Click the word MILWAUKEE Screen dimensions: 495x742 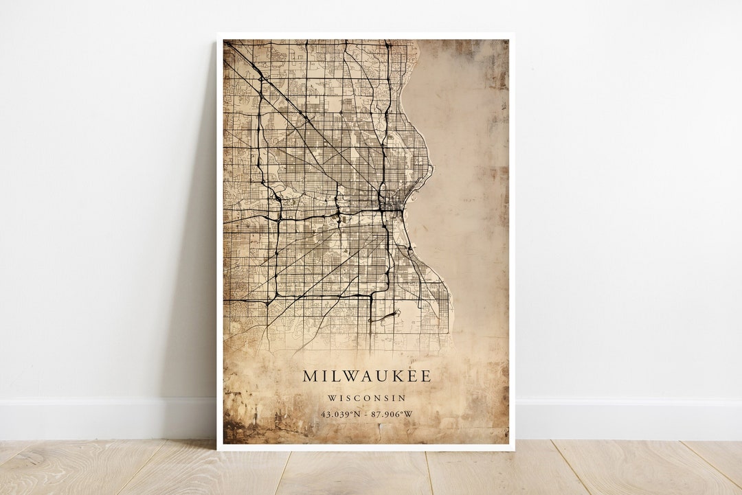366,376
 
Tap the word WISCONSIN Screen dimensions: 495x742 366,398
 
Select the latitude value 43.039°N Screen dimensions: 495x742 340,413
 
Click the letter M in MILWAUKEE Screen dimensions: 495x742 311,376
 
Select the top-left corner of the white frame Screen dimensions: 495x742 218,34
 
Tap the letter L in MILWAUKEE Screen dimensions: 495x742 334,376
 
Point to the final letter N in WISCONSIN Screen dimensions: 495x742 402,398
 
